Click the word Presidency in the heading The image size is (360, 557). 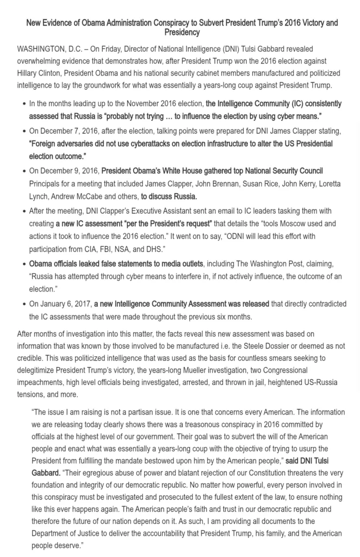tap(182, 33)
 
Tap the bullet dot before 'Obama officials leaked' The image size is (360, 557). tap(23, 264)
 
